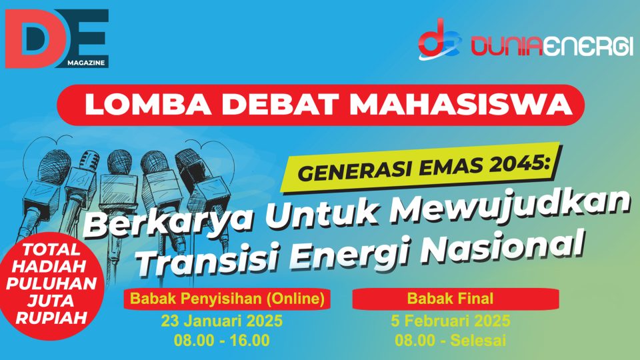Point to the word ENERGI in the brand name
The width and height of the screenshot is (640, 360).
pyautogui.click(x=590, y=47)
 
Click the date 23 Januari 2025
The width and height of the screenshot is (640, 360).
pyautogui.click(x=221, y=321)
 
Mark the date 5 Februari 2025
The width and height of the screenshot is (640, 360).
pyautogui.click(x=450, y=321)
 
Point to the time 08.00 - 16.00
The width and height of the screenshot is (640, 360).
pyautogui.click(x=221, y=340)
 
